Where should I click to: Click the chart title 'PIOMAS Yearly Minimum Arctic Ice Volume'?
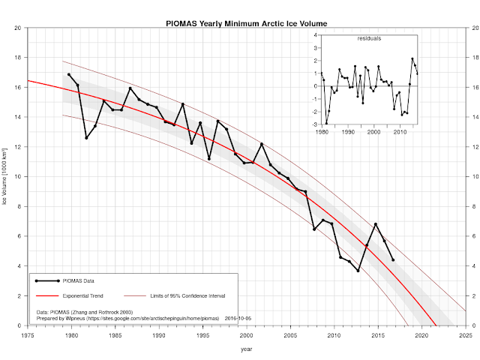[x=246, y=23]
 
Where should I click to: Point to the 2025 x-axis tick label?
[x=466, y=337]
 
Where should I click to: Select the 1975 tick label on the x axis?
[x=28, y=337]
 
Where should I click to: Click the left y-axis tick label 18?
[x=17, y=57]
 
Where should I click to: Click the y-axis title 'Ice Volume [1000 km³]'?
[x=5, y=177]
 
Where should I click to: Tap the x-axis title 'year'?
[x=246, y=349]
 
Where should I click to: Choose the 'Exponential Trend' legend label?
[x=83, y=297]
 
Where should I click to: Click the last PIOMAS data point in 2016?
[x=393, y=260]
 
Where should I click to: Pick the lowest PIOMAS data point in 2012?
[x=358, y=271]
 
